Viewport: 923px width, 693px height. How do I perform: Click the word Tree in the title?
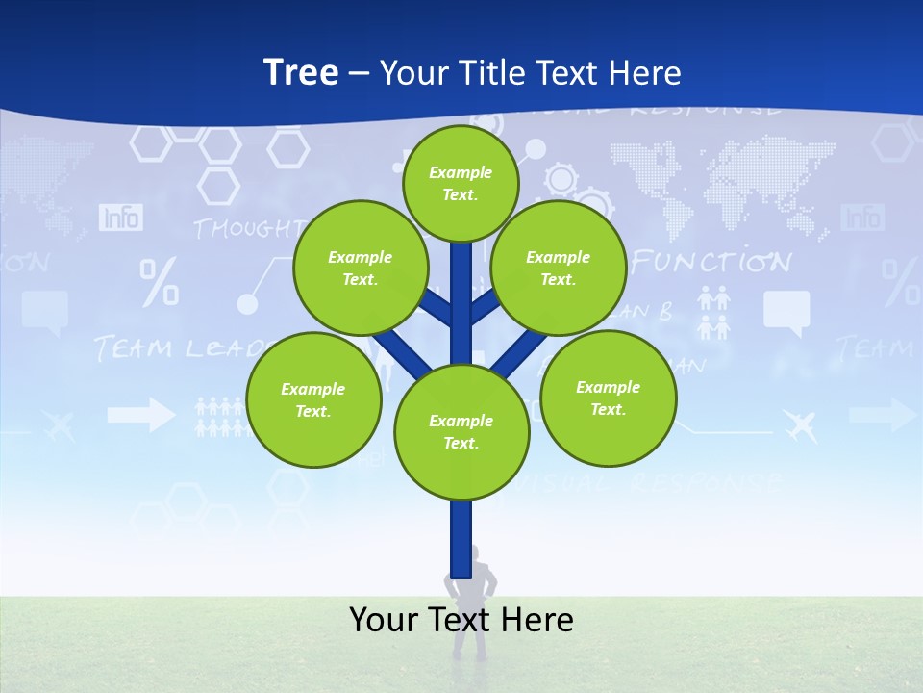(x=301, y=72)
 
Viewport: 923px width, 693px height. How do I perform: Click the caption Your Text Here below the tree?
(x=461, y=620)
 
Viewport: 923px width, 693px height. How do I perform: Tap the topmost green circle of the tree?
(x=461, y=183)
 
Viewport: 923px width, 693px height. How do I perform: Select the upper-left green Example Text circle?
(x=361, y=268)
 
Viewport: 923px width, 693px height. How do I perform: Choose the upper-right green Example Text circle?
(x=559, y=268)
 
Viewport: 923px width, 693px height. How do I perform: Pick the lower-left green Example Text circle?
(x=313, y=399)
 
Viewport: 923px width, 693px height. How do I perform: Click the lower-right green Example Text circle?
(x=609, y=398)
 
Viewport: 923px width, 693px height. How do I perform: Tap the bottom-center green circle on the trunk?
(x=461, y=431)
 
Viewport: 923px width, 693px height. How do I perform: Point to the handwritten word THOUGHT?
(x=246, y=228)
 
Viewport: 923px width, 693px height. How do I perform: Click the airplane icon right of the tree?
(x=799, y=423)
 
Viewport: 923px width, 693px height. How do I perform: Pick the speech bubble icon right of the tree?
(x=786, y=313)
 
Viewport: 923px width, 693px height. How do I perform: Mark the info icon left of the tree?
(x=120, y=218)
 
